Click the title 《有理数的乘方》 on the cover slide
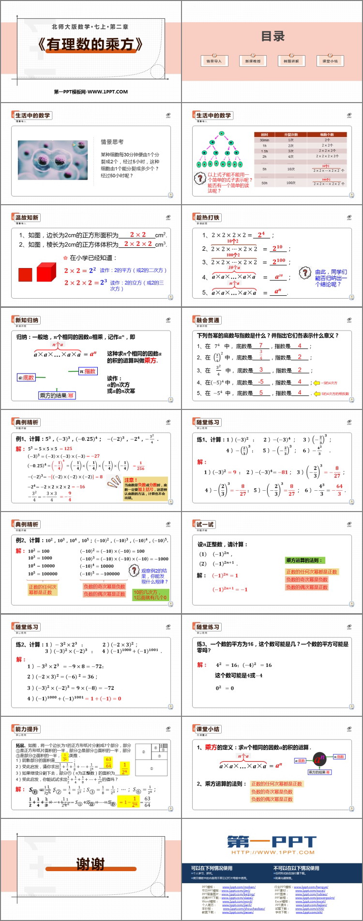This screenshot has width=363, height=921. pyautogui.click(x=91, y=44)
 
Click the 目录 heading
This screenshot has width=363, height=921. pyautogui.click(x=272, y=36)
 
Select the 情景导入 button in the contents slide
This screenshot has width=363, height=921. pyautogui.click(x=214, y=61)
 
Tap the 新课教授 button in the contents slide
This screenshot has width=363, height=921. pyautogui.click(x=253, y=61)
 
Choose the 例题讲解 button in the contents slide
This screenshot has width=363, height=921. pyautogui.click(x=291, y=61)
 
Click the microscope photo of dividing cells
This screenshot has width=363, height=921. pyautogui.click(x=53, y=160)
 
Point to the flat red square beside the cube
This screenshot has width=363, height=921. pyautogui.click(x=25, y=274)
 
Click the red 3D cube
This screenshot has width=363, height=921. pyautogui.click(x=46, y=272)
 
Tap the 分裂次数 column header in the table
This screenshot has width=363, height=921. pyautogui.click(x=291, y=135)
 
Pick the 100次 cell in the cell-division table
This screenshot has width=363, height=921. pyautogui.click(x=291, y=183)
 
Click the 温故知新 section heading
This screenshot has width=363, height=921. pyautogui.click(x=27, y=218)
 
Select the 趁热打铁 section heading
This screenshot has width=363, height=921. pyautogui.click(x=208, y=218)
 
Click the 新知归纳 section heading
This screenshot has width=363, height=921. pyautogui.click(x=27, y=320)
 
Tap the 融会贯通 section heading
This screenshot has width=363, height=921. pyautogui.click(x=208, y=320)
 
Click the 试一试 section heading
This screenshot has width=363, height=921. pyautogui.click(x=204, y=525)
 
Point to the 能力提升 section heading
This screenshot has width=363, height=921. pyautogui.click(x=27, y=729)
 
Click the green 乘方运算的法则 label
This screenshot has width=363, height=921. pyautogui.click(x=303, y=560)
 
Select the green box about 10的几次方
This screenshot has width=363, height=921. pyautogui.click(x=150, y=595)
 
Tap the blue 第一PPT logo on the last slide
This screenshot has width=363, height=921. pyautogui.click(x=272, y=843)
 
